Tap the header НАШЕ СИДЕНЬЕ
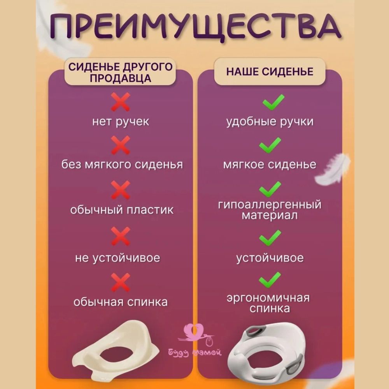[x=270, y=72]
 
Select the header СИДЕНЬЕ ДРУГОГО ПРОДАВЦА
[x=120, y=72]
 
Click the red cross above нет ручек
[x=120, y=102]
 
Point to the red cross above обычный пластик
[x=120, y=190]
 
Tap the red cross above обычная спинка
[x=120, y=282]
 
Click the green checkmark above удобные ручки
[x=270, y=102]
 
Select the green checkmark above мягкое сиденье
[x=270, y=145]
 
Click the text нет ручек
[x=120, y=121]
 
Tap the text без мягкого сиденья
[x=122, y=164]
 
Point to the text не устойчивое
[x=118, y=258]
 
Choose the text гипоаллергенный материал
[x=270, y=210]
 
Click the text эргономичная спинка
[x=270, y=303]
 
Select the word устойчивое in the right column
[x=270, y=258]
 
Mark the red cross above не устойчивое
[x=120, y=236]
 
